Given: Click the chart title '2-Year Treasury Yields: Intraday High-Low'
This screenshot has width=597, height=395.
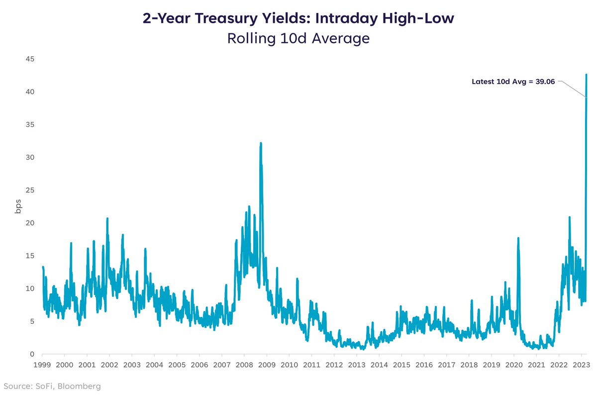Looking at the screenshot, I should [x=298, y=18].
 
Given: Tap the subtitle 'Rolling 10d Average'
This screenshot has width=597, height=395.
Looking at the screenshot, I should [x=298, y=38].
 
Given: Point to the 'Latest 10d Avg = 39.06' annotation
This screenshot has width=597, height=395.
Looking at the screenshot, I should [x=512, y=81].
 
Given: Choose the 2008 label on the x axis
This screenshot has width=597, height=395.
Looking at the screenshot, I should [x=244, y=365].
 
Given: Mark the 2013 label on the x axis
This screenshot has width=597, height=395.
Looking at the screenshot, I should [x=356, y=365].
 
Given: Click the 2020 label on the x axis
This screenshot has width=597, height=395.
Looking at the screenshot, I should [x=514, y=365].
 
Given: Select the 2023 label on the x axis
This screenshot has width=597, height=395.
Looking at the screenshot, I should [x=581, y=365].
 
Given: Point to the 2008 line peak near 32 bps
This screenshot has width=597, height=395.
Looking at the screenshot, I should [x=261, y=143].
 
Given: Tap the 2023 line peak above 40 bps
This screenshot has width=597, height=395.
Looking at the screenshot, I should [x=587, y=75].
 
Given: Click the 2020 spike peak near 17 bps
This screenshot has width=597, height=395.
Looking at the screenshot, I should [x=518, y=238].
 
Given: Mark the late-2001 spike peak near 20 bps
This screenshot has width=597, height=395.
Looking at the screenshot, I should [x=107, y=218].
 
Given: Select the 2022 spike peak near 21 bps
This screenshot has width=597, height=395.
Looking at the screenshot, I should [x=569, y=217].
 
